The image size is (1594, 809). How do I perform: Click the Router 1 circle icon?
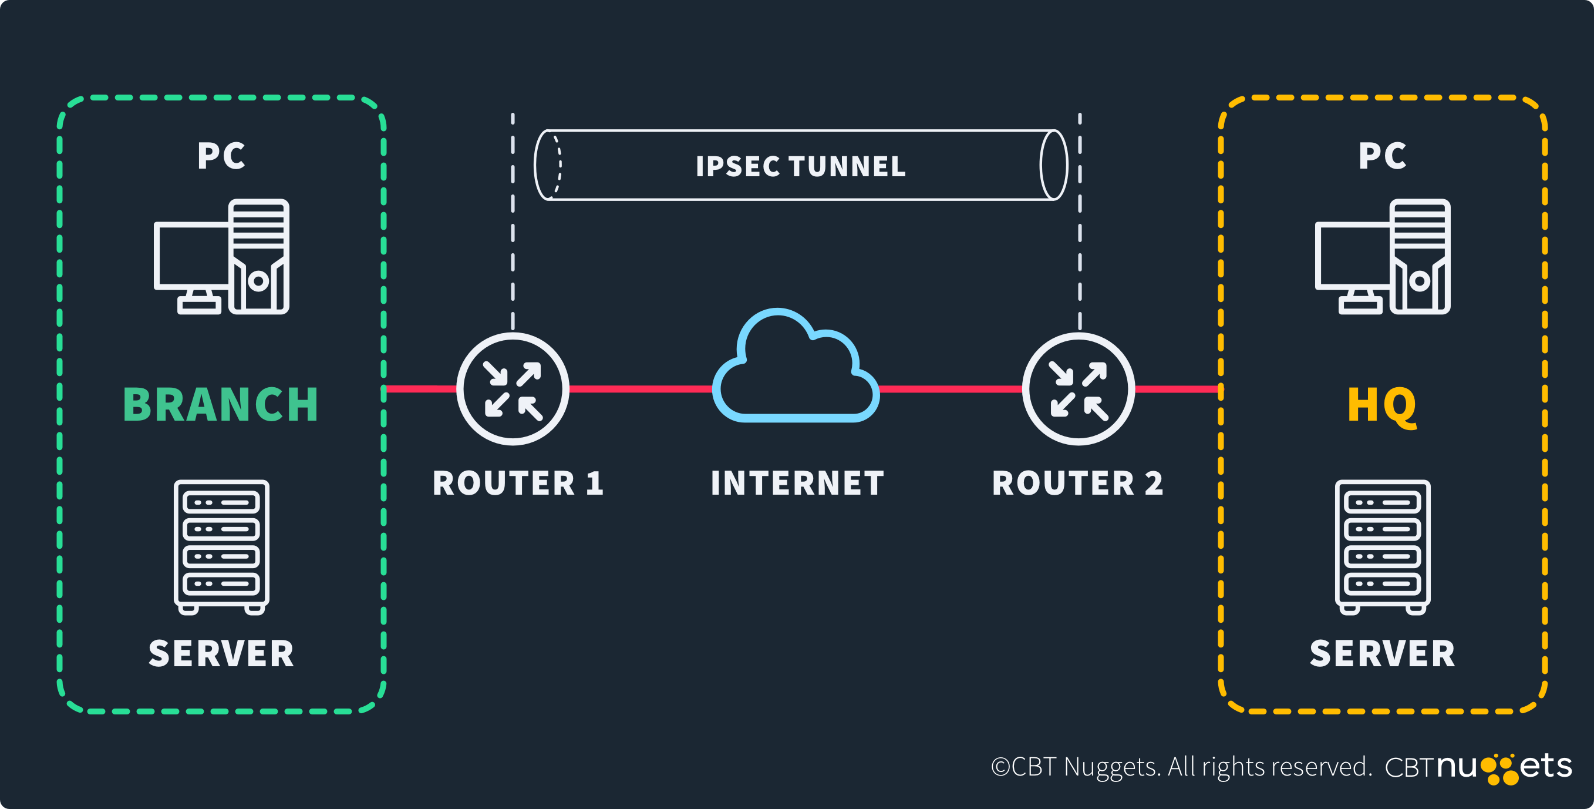[x=513, y=389]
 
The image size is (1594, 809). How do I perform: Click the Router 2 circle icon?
[x=1078, y=389]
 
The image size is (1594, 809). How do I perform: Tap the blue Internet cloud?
[x=796, y=371]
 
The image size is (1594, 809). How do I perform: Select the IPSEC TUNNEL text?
[x=801, y=166]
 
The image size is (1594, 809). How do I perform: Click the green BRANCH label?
[x=221, y=405]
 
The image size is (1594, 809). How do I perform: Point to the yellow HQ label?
[x=1381, y=405]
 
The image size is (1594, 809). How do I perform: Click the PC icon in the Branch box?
[x=221, y=256]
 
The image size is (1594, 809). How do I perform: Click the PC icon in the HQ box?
[x=1383, y=256]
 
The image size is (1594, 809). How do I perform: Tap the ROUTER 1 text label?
[x=518, y=484]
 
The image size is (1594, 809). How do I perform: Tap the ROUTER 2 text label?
[x=1077, y=484]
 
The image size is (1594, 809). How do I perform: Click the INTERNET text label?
[x=797, y=484]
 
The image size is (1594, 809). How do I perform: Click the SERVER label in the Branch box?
[x=221, y=654]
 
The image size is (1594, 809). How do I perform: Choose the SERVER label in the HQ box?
[x=1383, y=654]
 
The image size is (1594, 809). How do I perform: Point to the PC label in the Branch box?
[x=221, y=155]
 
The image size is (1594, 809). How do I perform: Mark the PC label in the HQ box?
[x=1383, y=155]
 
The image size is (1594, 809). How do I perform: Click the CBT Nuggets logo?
[x=1478, y=767]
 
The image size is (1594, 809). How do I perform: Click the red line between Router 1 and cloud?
[x=641, y=389]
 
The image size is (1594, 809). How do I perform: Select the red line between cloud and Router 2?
[x=950, y=389]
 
